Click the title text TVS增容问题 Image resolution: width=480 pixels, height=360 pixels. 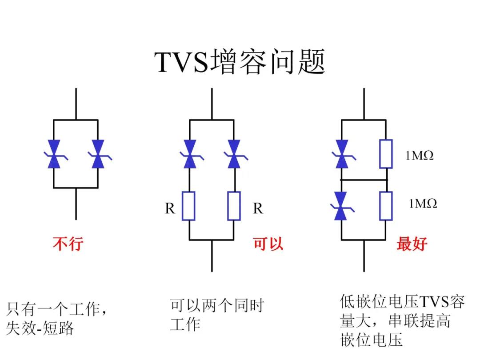click(x=240, y=62)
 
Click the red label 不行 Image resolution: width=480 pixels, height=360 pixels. click(x=68, y=244)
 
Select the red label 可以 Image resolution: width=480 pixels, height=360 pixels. click(x=268, y=244)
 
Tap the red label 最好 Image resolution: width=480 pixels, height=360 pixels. click(x=412, y=244)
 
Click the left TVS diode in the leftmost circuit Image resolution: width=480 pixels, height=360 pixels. click(x=54, y=154)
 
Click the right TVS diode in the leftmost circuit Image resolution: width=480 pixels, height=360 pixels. click(x=98, y=154)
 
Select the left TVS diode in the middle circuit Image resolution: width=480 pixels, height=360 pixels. click(x=190, y=154)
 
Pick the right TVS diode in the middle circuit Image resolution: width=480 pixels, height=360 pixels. click(x=234, y=154)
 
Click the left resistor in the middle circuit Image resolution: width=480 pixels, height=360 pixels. click(x=190, y=206)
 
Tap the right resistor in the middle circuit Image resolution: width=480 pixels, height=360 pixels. click(x=234, y=206)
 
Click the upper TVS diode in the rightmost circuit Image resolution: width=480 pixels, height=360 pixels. click(x=341, y=154)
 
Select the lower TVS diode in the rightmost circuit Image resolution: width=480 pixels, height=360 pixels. click(x=341, y=206)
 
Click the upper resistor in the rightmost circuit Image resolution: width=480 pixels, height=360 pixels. click(x=386, y=154)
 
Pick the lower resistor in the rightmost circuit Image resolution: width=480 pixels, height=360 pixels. click(x=386, y=206)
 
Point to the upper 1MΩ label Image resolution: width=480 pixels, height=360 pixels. click(x=419, y=156)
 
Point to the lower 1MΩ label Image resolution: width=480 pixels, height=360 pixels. click(x=423, y=204)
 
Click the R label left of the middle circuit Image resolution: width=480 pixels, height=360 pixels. click(x=170, y=208)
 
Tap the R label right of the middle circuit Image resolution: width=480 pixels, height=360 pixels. click(x=258, y=208)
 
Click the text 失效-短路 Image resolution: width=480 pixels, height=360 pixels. click(x=40, y=328)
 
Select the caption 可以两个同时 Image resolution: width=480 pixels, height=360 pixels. click(x=217, y=306)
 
